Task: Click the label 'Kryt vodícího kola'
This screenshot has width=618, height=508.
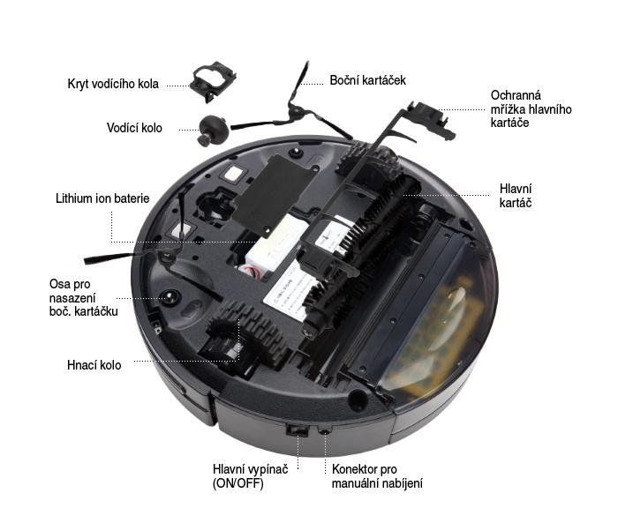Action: (113, 84)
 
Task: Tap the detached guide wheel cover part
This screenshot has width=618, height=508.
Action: (213, 82)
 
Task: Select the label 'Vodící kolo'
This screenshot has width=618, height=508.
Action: (134, 128)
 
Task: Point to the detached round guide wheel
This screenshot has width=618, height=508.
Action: (212, 129)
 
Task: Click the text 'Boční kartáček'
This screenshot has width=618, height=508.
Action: (368, 80)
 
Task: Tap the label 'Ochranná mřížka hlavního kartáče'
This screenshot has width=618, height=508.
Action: (531, 108)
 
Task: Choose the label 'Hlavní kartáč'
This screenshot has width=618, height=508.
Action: (516, 195)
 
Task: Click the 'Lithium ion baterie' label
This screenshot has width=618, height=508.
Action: (102, 198)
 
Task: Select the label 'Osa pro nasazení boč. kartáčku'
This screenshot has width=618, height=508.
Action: (84, 298)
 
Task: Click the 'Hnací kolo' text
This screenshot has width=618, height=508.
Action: (94, 365)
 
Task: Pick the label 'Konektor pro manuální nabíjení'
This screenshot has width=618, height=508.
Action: (377, 476)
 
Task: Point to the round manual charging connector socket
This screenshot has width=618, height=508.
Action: (324, 431)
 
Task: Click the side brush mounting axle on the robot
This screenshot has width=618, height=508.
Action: (170, 296)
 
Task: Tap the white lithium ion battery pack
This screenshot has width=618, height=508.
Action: (275, 246)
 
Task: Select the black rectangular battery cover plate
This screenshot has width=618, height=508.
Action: (275, 195)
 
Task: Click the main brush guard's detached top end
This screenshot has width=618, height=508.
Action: (432, 118)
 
